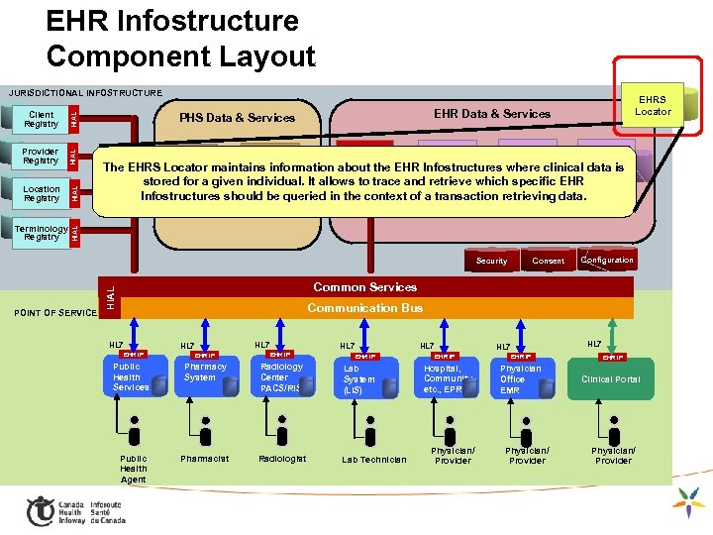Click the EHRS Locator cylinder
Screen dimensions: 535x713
tap(653, 106)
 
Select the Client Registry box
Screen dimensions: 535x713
tap(42, 120)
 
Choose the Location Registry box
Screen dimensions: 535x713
tap(42, 192)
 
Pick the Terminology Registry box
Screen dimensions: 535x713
tap(42, 233)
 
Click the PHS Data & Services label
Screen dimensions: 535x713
tap(237, 118)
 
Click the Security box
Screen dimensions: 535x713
tap(491, 261)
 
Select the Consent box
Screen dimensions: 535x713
tap(548, 261)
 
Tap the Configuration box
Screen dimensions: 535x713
tap(607, 260)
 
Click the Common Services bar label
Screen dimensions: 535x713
tap(364, 287)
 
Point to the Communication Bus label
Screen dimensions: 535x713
tap(364, 308)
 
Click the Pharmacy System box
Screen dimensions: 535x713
tap(205, 373)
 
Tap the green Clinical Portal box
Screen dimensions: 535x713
tap(610, 378)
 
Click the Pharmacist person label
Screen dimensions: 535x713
tap(204, 459)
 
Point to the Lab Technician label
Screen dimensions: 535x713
tap(373, 460)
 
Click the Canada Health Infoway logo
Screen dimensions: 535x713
tap(75, 510)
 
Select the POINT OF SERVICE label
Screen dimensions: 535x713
tap(54, 313)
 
